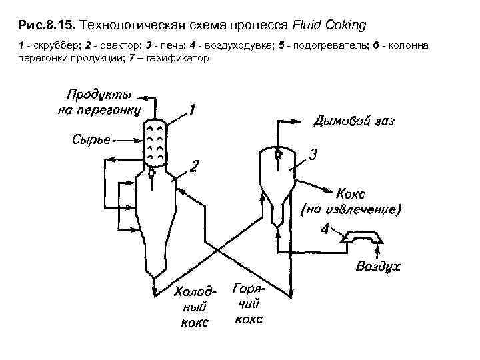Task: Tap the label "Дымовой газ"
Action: pos(354,121)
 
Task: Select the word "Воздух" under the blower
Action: pos(378,267)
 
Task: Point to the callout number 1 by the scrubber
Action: pos(191,110)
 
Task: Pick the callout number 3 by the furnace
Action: pos(313,155)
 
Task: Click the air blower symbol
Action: pos(360,237)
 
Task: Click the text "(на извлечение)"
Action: pos(352,210)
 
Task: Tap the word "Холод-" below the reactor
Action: pos(195,292)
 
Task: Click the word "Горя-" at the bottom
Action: pos(249,289)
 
